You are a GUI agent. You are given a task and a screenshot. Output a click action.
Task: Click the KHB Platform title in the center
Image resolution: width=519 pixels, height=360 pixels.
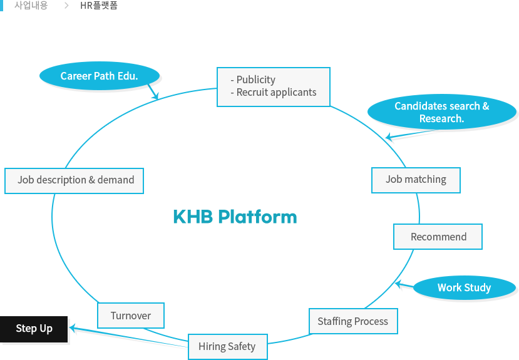pyautogui.click(x=235, y=217)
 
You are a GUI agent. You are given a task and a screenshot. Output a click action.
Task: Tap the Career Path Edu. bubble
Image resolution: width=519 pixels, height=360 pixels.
pyautogui.click(x=99, y=76)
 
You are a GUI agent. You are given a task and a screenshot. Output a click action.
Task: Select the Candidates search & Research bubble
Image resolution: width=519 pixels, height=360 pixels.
pyautogui.click(x=442, y=112)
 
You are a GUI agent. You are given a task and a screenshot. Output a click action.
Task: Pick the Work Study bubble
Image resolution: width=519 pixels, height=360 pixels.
pyautogui.click(x=464, y=287)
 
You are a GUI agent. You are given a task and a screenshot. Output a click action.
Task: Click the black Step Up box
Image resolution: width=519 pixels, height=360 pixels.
pyautogui.click(x=34, y=329)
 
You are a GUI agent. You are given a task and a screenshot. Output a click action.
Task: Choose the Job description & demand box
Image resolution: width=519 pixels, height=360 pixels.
pyautogui.click(x=75, y=180)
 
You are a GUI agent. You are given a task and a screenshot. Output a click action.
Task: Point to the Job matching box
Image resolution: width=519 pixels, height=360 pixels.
pyautogui.click(x=416, y=180)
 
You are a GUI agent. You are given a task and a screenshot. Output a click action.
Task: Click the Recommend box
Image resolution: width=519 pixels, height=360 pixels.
pyautogui.click(x=438, y=237)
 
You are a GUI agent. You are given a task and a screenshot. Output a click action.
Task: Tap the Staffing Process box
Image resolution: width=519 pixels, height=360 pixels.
pyautogui.click(x=352, y=321)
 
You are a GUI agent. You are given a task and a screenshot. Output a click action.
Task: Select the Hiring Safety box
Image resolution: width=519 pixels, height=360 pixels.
pyautogui.click(x=227, y=346)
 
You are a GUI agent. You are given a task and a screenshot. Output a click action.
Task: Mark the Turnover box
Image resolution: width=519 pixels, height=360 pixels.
pyautogui.click(x=131, y=316)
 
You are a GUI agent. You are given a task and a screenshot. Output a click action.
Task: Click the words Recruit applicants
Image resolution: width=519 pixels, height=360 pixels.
pyautogui.click(x=276, y=92)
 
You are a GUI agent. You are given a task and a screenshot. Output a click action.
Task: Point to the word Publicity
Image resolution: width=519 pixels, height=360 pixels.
pyautogui.click(x=255, y=80)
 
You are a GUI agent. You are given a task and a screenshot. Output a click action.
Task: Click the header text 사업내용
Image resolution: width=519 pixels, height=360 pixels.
pyautogui.click(x=31, y=6)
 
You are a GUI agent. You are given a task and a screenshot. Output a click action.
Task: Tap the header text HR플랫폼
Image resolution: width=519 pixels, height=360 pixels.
pyautogui.click(x=99, y=6)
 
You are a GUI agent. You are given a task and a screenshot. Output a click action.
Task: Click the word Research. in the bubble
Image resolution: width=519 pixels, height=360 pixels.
pyautogui.click(x=441, y=118)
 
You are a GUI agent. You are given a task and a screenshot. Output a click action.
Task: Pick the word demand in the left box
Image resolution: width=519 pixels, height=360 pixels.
pyautogui.click(x=116, y=180)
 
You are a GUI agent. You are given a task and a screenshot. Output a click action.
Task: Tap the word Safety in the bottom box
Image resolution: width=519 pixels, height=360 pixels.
pyautogui.click(x=241, y=346)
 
